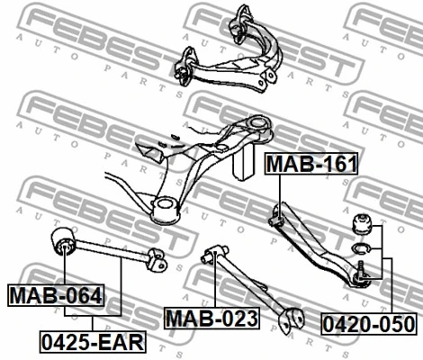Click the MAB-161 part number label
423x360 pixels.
tap(311, 164)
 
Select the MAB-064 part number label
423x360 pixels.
tap(56, 295)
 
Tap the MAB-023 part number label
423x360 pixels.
tap(211, 319)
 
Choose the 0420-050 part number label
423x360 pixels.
tap(369, 324)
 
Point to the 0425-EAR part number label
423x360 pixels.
tap(93, 342)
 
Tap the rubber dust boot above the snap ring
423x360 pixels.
tap(362, 225)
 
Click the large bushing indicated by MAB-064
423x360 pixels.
tap(64, 241)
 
